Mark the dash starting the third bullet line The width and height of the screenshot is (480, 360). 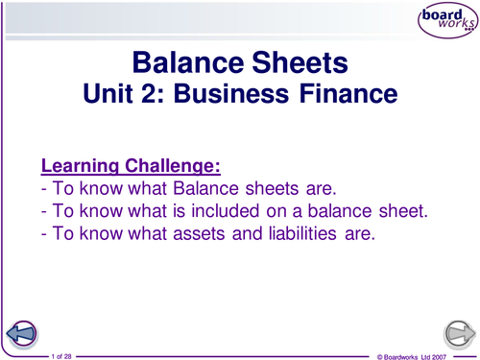click(44, 233)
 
